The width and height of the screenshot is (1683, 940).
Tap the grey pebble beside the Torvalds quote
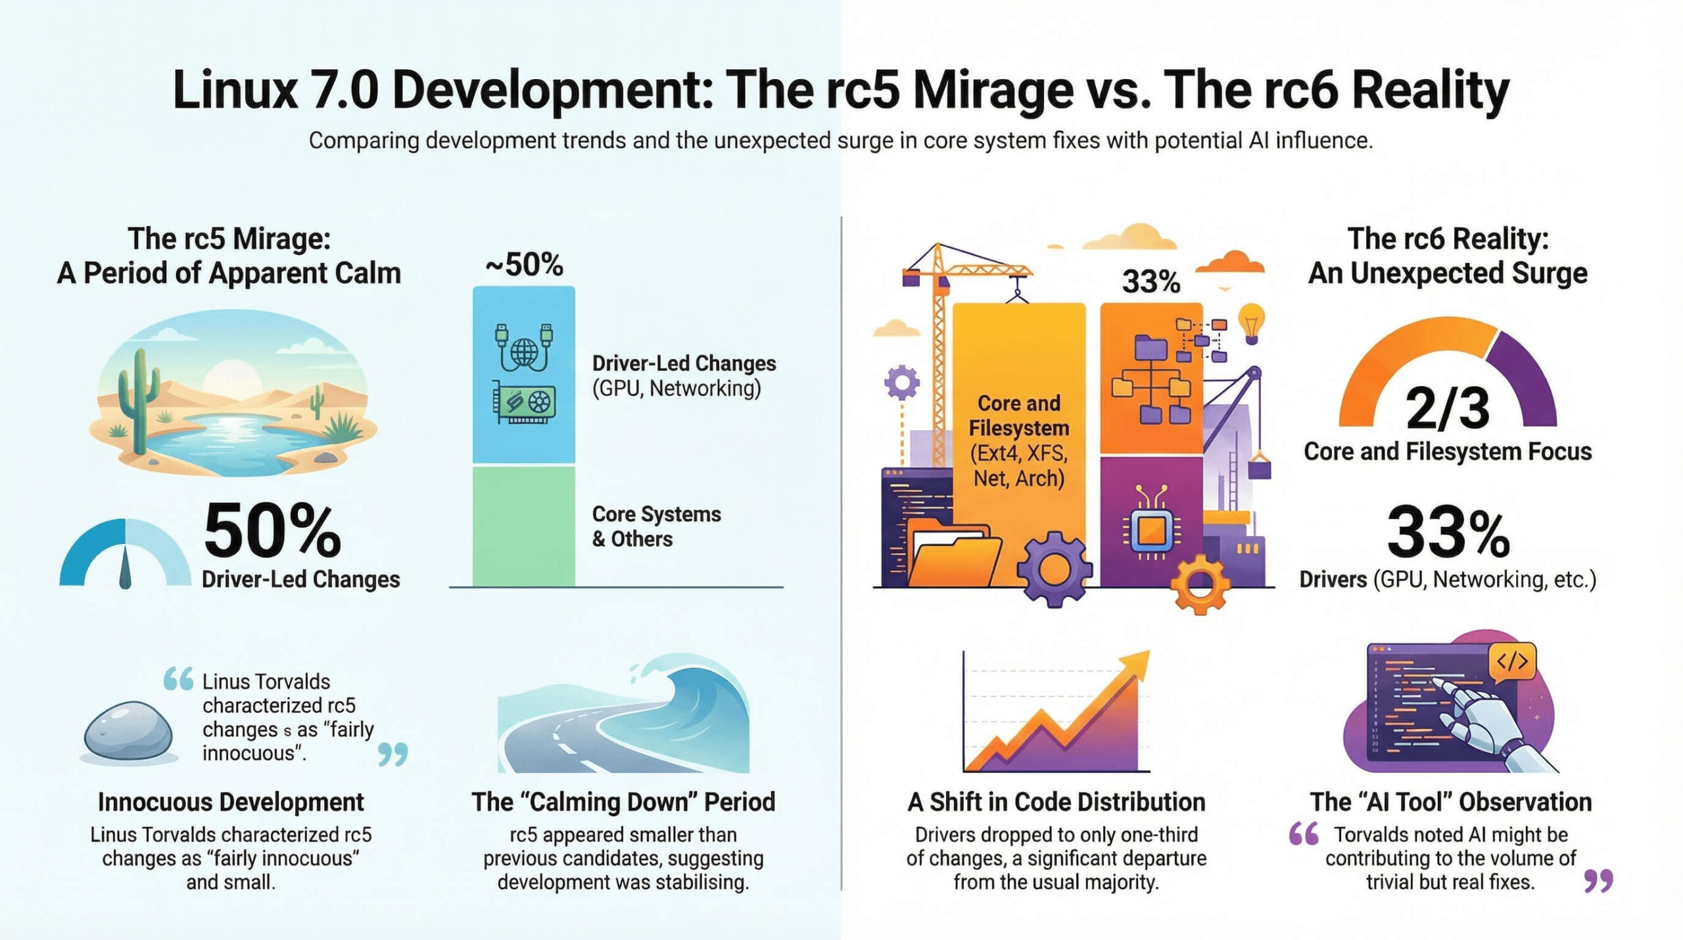tap(129, 731)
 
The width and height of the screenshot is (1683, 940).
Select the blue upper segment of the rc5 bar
tap(523, 375)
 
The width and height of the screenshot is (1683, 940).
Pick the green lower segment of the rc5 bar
tap(523, 526)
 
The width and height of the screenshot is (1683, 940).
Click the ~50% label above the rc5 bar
tap(524, 265)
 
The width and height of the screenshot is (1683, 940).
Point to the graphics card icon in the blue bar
tap(524, 401)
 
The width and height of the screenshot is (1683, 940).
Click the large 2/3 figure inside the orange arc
tap(1447, 408)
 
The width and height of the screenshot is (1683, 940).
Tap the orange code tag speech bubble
tap(1512, 660)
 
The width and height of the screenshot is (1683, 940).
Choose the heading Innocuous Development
tap(231, 802)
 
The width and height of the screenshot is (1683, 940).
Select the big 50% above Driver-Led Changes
tap(272, 530)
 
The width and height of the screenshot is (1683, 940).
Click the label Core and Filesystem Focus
tap(1448, 451)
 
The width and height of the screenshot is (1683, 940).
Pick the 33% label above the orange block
tap(1150, 282)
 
